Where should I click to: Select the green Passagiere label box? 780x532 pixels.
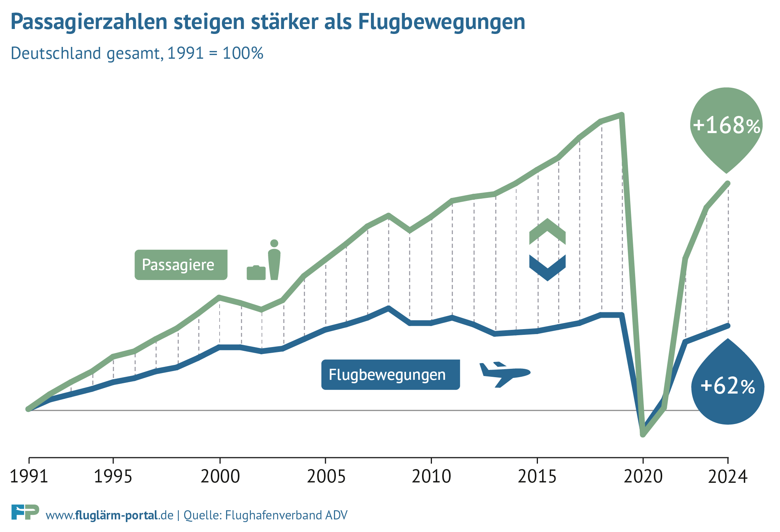(181, 265)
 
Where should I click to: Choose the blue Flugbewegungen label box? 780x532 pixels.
(390, 374)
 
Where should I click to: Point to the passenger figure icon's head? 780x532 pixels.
(274, 243)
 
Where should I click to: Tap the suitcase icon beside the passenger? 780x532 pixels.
(256, 273)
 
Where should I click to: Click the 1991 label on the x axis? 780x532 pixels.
(29, 477)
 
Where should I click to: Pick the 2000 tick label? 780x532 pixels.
(220, 477)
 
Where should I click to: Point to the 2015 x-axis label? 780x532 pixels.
(537, 477)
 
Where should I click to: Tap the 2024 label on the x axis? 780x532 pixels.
(728, 477)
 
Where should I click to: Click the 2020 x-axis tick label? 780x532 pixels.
(643, 477)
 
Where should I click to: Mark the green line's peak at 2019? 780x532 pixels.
(622, 114)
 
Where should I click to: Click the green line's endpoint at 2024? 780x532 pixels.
(728, 183)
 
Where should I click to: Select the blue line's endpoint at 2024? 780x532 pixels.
(728, 325)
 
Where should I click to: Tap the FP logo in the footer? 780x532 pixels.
(25, 512)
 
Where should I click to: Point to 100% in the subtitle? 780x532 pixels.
(243, 53)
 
